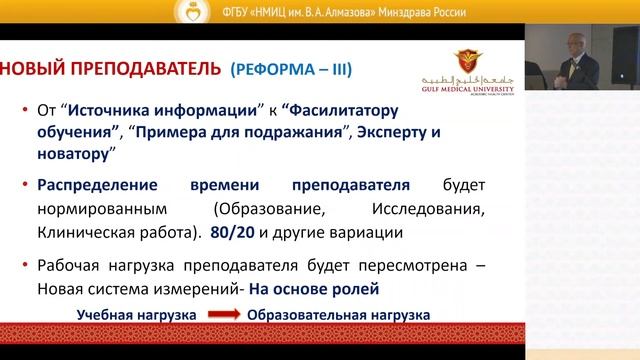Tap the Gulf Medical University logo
(468, 70)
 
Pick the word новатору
(71, 154)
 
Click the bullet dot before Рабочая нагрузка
(24, 264)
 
